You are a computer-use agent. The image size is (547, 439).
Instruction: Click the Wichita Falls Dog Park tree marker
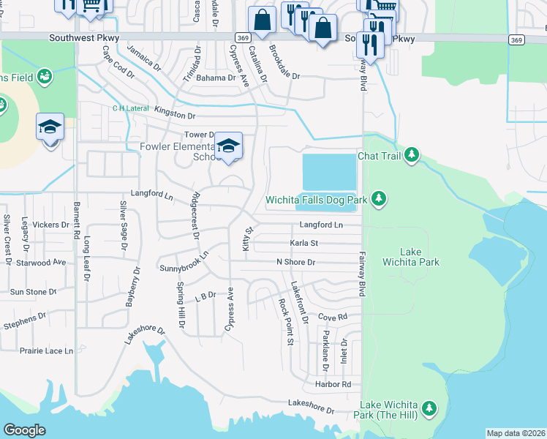tap(378, 198)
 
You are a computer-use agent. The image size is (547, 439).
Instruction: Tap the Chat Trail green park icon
tap(412, 155)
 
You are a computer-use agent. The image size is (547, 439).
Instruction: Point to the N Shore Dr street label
tap(295, 262)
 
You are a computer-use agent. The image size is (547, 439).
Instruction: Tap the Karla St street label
tap(303, 243)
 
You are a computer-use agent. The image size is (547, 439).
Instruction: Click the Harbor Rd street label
tap(334, 384)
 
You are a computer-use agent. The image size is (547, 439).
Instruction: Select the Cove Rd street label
tap(332, 318)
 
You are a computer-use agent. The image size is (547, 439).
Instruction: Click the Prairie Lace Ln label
tap(47, 351)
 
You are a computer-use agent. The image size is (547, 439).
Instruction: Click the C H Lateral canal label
tap(129, 108)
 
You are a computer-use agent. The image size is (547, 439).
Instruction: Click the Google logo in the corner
tap(25, 429)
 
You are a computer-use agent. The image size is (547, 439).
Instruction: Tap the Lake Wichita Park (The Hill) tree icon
tap(430, 407)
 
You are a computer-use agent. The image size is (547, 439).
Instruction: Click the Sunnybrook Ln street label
tap(184, 263)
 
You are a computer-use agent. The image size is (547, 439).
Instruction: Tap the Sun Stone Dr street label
tap(32, 292)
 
